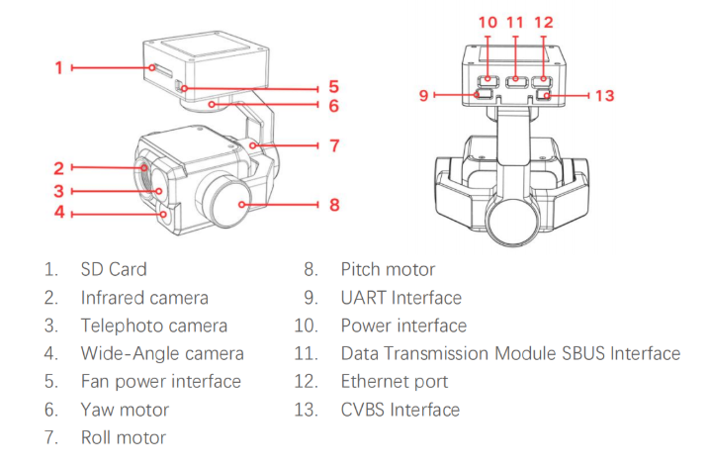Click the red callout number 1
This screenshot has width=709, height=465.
[59, 67]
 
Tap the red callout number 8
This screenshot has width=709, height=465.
[334, 205]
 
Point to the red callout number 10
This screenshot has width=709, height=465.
[488, 22]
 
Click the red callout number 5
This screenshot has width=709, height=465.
[334, 86]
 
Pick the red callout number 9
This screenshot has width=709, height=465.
[423, 96]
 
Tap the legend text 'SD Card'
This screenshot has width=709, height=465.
[114, 269]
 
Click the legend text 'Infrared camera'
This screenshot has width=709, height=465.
[144, 297]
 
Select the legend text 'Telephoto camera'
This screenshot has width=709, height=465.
[154, 325]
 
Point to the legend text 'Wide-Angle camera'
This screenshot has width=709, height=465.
[162, 353]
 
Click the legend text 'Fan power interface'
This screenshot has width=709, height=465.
[161, 381]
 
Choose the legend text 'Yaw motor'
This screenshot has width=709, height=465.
[125, 410]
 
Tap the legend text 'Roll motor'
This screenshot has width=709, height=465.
[124, 437]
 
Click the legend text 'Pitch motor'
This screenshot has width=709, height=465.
[388, 269]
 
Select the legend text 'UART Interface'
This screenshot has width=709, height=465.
[400, 297]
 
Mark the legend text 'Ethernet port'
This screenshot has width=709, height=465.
[395, 381]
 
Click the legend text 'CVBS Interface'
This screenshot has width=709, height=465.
[399, 410]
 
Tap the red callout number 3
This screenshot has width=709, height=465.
[59, 190]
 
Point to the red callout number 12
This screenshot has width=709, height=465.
[544, 22]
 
